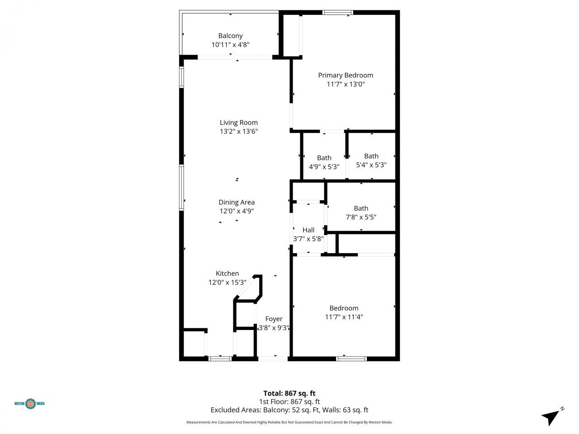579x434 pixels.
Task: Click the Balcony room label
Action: click(x=230, y=36)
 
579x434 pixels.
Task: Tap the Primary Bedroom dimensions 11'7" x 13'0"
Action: click(x=346, y=84)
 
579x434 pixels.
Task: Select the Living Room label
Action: click(x=238, y=123)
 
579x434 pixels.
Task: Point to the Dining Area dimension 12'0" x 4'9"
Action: click(x=236, y=211)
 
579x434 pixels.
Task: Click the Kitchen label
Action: click(x=227, y=274)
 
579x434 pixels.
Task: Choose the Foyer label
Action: click(x=274, y=319)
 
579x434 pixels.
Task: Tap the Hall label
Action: click(x=308, y=230)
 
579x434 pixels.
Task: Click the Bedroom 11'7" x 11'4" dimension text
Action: click(x=344, y=317)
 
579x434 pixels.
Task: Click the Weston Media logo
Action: click(x=30, y=403)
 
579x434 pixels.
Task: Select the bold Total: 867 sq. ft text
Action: click(x=289, y=393)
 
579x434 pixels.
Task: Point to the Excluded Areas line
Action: click(x=289, y=410)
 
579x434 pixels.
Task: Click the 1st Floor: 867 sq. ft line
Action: click(x=289, y=401)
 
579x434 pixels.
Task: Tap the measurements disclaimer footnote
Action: click(x=289, y=422)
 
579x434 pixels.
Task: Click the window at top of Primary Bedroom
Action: click(x=337, y=13)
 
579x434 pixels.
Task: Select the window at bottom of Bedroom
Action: click(x=351, y=359)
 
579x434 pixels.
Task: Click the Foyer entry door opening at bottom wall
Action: click(x=273, y=359)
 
